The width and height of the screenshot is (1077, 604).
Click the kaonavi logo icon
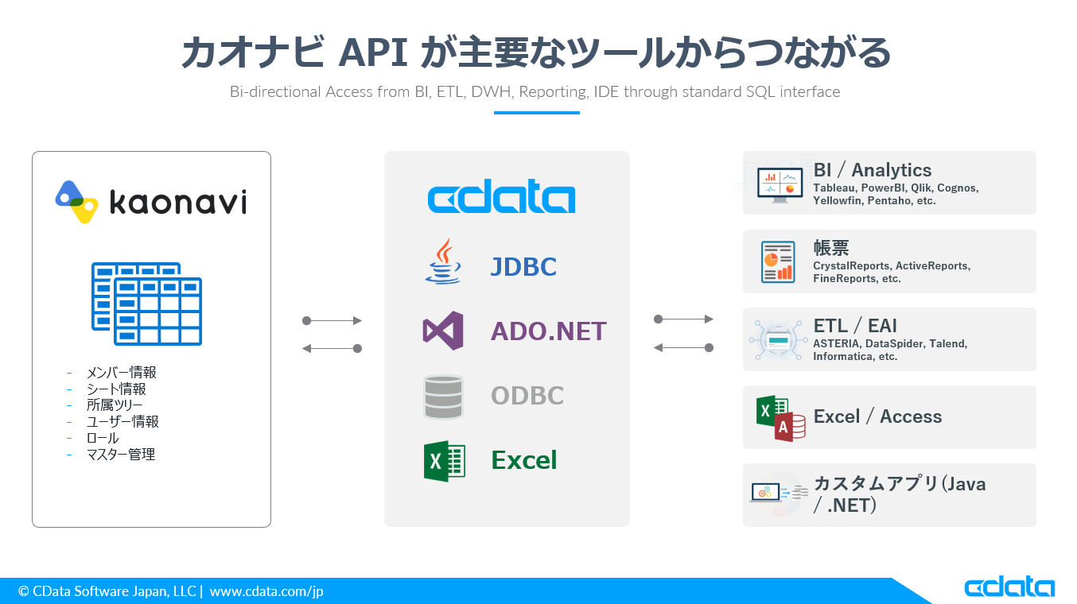(76, 201)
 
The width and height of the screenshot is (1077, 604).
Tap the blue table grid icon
(146, 304)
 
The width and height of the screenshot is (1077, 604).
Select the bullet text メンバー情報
(121, 373)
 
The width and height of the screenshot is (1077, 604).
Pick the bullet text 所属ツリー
(115, 405)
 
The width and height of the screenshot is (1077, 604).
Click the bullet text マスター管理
(120, 455)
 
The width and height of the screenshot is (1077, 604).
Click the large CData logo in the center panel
(501, 198)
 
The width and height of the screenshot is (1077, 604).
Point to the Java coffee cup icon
(443, 261)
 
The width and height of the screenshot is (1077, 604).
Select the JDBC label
(523, 266)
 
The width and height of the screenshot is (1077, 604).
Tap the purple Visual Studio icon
(443, 331)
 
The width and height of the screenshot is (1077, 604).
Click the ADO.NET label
(548, 331)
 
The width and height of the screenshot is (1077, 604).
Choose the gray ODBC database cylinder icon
(443, 397)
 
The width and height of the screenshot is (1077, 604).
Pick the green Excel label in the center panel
(523, 460)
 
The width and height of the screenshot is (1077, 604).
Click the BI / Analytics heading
(872, 170)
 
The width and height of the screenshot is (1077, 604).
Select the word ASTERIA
(836, 344)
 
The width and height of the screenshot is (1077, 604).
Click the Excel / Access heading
(877, 416)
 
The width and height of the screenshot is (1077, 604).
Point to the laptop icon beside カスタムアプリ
(765, 493)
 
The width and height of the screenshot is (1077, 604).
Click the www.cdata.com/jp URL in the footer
(266, 591)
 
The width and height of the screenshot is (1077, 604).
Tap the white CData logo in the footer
(1009, 588)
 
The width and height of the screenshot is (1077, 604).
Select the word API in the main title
(373, 54)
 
